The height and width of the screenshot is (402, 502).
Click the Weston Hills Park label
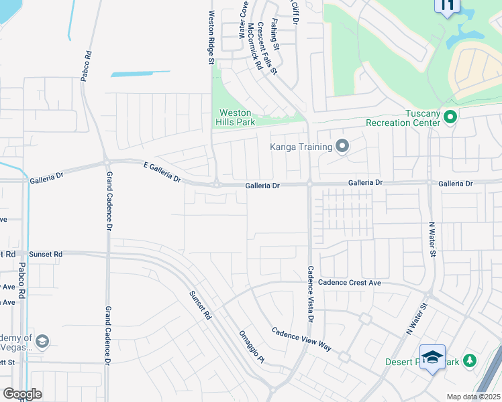point(235,118)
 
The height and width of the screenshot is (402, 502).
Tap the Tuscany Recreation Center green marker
point(450,118)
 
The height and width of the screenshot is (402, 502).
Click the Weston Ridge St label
point(210,38)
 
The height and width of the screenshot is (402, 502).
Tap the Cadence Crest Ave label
point(349,283)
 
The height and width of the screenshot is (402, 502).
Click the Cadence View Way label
point(302,339)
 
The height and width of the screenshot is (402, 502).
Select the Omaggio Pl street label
point(252,348)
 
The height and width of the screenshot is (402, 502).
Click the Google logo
point(22,394)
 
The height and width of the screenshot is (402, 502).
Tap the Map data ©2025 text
point(472,397)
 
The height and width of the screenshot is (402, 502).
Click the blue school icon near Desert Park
point(433,357)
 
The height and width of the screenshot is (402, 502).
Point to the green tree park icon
point(470,361)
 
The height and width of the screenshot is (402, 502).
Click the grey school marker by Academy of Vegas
point(42,342)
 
